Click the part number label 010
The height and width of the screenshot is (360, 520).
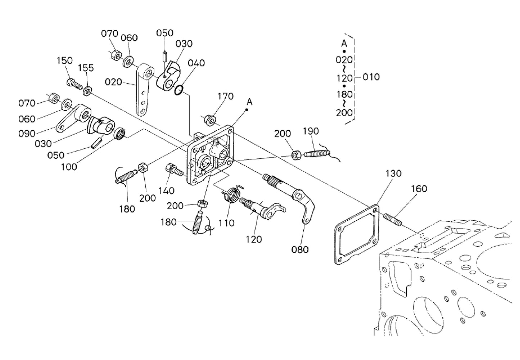point(371,77)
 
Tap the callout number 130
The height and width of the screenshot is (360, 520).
point(393,174)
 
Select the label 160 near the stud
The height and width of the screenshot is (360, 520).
point(419,189)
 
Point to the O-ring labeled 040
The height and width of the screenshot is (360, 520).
point(179,90)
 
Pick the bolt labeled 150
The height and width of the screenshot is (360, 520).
point(74,84)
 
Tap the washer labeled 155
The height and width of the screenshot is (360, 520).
point(87,91)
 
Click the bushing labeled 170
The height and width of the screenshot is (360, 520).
point(210,120)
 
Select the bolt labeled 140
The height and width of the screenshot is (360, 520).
point(175,170)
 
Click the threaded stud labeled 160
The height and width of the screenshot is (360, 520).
point(392,220)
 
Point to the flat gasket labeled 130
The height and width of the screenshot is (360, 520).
point(357,235)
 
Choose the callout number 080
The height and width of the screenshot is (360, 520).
point(300,250)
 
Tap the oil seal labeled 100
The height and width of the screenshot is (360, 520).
point(120,134)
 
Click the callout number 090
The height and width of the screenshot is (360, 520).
point(27,134)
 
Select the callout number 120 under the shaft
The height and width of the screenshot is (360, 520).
point(254,239)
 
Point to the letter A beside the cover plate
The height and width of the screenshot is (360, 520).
point(249,102)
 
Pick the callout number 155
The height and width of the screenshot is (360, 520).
point(86,68)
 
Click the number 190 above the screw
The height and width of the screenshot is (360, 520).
point(311,131)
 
